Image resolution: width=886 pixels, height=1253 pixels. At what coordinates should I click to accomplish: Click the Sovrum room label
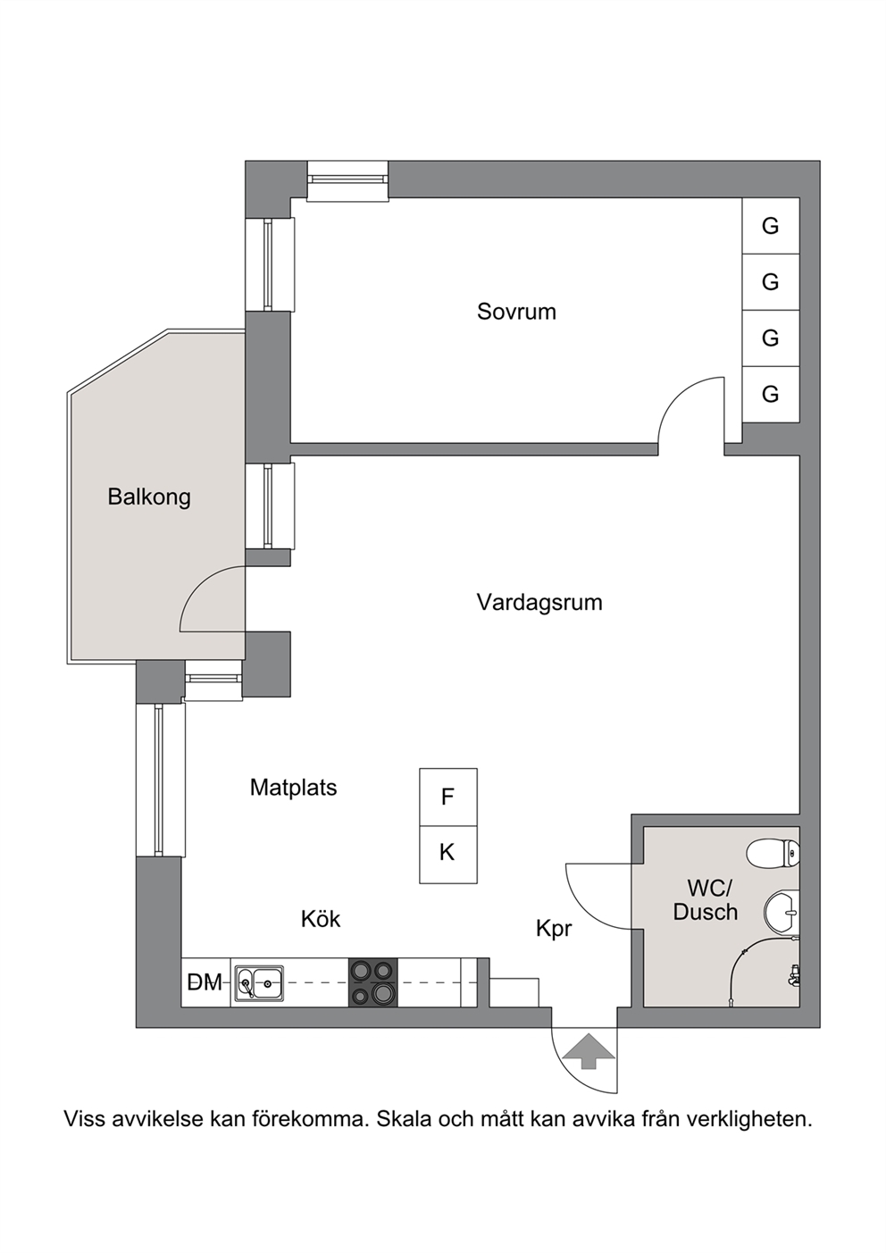tap(516, 312)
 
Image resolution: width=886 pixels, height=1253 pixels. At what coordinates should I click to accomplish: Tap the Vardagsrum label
tap(539, 603)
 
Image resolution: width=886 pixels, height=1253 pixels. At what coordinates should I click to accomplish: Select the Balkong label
tap(149, 497)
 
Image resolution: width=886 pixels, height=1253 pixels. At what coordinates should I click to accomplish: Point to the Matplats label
tap(293, 788)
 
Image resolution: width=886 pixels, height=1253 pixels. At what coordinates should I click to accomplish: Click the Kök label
tap(321, 919)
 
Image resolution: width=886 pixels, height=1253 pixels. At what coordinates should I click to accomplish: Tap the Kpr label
tap(554, 929)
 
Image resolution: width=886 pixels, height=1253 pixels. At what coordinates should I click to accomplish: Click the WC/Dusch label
tap(706, 900)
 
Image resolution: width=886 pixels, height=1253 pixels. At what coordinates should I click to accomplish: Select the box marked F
tap(448, 797)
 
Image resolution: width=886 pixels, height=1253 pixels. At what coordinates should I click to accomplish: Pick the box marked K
tap(448, 854)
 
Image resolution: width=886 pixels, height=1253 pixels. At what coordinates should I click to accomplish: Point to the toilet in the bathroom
tap(773, 853)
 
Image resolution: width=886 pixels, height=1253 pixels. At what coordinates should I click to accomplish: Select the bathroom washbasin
tap(782, 913)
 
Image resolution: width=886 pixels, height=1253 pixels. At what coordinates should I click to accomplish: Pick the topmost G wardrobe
tap(771, 226)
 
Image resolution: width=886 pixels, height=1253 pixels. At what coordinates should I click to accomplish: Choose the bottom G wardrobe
tap(771, 395)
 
